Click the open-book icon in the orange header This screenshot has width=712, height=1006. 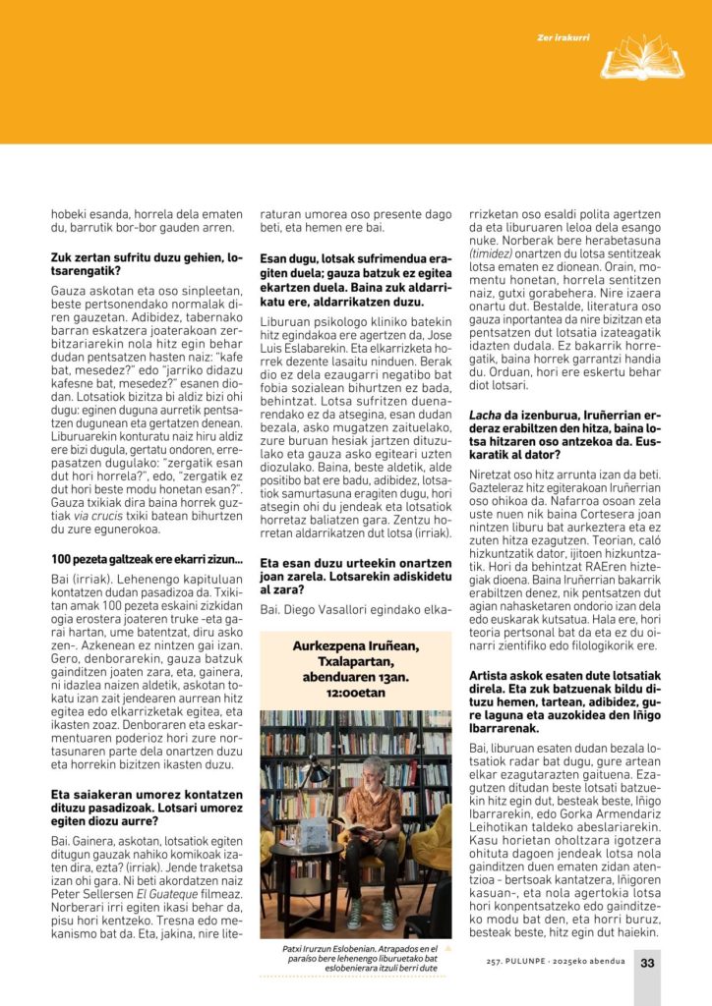point(642,58)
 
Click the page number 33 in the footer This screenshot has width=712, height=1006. point(647,963)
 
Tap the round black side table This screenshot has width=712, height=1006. point(305,865)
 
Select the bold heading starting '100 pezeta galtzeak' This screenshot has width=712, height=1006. point(148,560)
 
